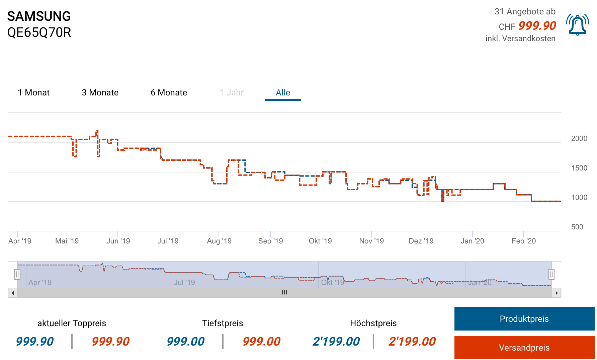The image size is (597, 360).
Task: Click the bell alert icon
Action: pos(577,25)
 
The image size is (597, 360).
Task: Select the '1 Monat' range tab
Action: pos(34,92)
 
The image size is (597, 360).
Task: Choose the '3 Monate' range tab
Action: pos(100,92)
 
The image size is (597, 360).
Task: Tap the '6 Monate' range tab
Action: pos(169,92)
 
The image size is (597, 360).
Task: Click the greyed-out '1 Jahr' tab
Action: pos(232,92)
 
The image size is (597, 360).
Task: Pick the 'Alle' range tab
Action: pos(283,92)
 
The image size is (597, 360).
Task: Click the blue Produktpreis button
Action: pos(524,319)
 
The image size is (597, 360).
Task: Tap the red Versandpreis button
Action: pos(524,348)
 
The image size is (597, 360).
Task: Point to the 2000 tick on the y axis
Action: pos(579,139)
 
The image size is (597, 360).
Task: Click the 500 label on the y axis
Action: pos(577,227)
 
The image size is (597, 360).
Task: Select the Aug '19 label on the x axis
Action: pos(219,241)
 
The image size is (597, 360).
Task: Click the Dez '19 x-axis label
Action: pos(421,241)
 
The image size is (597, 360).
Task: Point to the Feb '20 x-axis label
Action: pos(524,241)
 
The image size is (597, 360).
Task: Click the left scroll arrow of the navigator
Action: pos(13,293)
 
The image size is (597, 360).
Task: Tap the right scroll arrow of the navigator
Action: pos(557,293)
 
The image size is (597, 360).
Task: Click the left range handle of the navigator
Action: pos(17,275)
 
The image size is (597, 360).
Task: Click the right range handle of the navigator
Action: pos(551,275)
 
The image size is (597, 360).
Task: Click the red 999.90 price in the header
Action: pos(537,26)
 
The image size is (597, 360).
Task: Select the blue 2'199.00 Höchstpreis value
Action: pos(336,342)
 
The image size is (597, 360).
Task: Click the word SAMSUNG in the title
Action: pos(39,16)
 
